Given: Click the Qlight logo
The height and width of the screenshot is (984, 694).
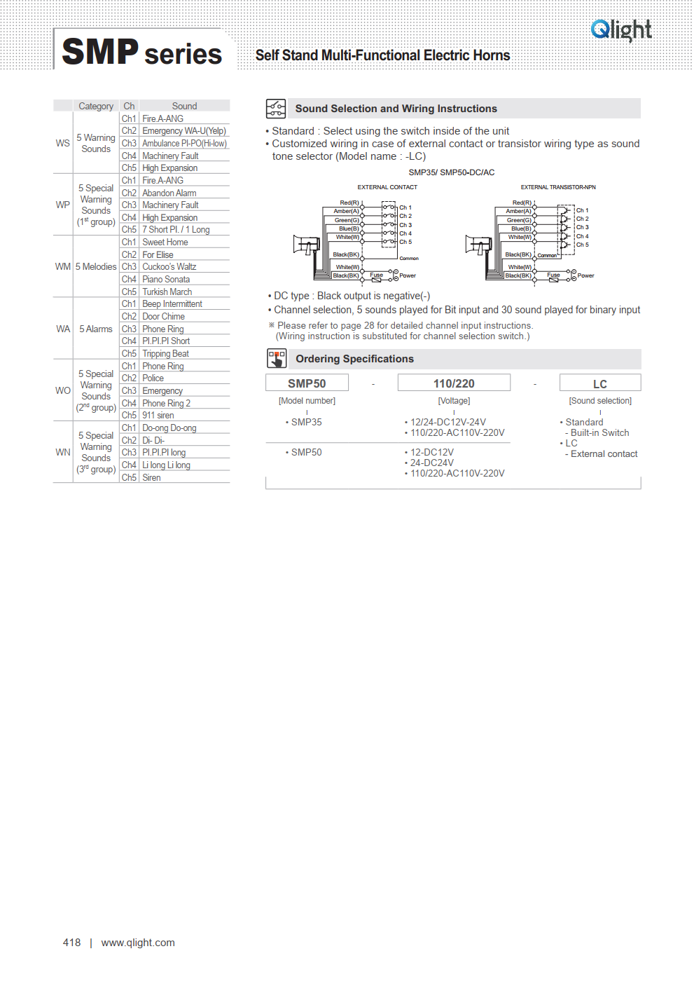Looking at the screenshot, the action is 620,30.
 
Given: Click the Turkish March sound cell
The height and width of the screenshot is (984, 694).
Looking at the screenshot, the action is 167,292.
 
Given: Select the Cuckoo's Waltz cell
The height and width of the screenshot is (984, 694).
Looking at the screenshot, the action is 169,266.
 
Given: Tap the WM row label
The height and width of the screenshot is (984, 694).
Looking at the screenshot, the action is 63,266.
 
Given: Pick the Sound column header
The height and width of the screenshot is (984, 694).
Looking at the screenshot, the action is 184,106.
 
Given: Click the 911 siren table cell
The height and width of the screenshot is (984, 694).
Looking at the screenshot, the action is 158,415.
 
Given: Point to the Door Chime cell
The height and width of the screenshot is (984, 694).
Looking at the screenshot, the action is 163,316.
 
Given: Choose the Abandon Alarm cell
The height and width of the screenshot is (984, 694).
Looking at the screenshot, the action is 169,193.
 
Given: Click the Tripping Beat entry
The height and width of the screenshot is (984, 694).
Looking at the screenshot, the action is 165,354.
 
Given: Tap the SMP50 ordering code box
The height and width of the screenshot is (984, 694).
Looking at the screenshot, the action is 307,383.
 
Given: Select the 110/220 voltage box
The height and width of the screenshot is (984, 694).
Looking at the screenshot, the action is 454,383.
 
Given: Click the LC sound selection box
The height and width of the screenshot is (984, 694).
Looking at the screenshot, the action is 600,383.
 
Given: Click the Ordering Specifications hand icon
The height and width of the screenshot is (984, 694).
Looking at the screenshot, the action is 277,359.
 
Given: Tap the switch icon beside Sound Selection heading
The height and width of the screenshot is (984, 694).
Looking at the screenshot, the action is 276,109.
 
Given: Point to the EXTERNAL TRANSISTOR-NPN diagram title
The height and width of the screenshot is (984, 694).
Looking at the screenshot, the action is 558,187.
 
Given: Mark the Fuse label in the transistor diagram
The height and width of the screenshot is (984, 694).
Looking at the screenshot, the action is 553,275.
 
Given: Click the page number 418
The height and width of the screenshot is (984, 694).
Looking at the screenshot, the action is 71,943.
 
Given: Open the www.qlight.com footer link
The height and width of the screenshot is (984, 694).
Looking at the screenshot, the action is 138,943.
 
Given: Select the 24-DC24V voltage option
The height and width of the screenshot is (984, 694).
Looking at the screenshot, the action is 431,463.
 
